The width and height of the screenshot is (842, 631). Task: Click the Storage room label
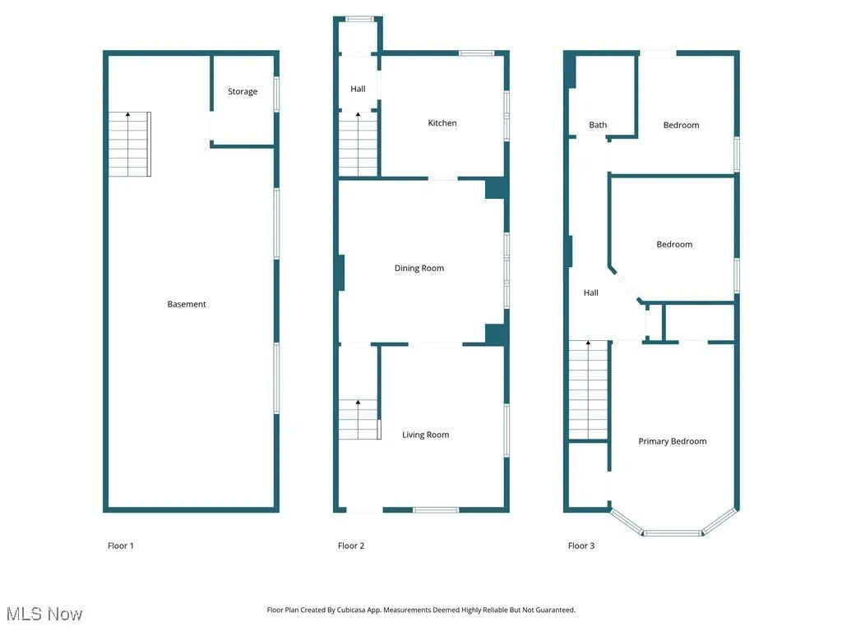[x=243, y=92]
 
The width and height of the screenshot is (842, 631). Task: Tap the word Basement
[x=187, y=304]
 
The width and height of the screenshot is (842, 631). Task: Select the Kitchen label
[x=442, y=123]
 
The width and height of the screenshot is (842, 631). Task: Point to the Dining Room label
[x=419, y=269]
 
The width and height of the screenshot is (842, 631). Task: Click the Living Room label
[x=425, y=435]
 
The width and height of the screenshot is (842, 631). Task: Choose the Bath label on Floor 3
[x=598, y=125]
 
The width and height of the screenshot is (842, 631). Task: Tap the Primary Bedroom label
[x=673, y=441]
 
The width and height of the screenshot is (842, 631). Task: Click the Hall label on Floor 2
[x=358, y=89]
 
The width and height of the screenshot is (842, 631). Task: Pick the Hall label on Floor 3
[x=590, y=293]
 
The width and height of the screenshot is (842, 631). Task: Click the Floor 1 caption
[x=120, y=546]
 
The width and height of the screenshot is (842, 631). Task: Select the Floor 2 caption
[x=350, y=546]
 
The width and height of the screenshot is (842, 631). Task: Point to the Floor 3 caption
[x=581, y=546]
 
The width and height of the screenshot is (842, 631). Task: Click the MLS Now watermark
[x=44, y=615]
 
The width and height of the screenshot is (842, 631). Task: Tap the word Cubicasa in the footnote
[x=350, y=610]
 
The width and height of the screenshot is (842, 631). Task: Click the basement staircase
[x=129, y=144]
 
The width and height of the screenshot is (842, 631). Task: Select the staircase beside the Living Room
[x=359, y=420]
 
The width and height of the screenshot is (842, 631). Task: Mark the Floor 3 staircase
[x=589, y=390]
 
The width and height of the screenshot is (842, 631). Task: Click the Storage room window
[x=276, y=94]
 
